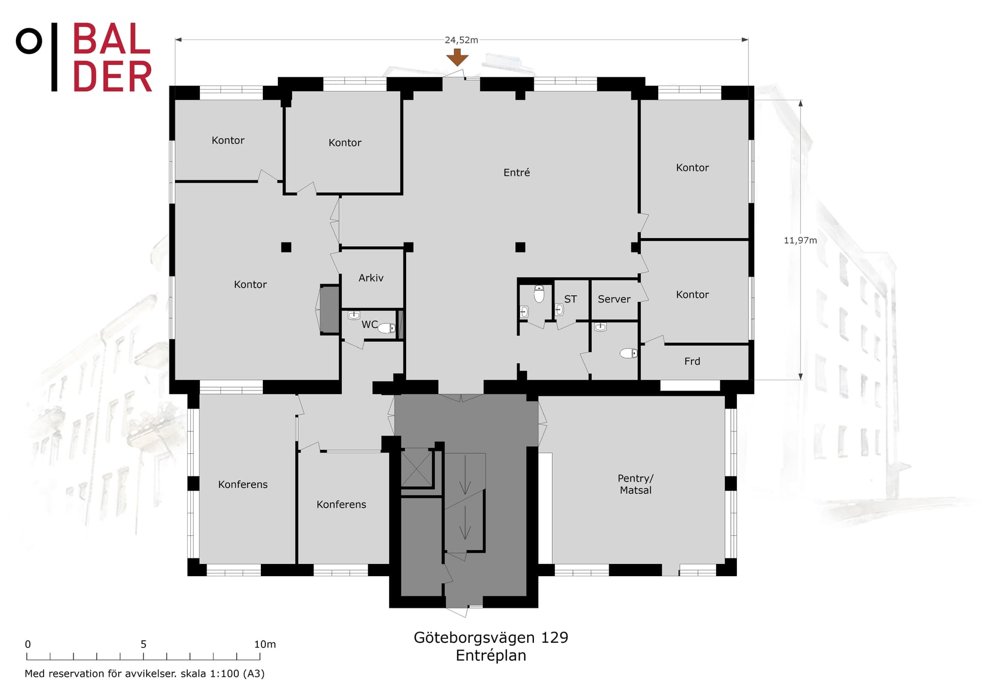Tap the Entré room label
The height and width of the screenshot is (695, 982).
pyautogui.click(x=517, y=172)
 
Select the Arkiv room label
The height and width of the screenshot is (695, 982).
pyautogui.click(x=371, y=278)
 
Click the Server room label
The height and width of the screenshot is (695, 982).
pyautogui.click(x=614, y=299)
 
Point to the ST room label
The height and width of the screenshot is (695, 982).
pyautogui.click(x=570, y=299)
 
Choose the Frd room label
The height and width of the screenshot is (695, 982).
pyautogui.click(x=692, y=361)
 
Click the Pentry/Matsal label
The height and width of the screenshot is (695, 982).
pyautogui.click(x=635, y=484)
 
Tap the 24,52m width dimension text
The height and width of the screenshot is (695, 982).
pyautogui.click(x=461, y=40)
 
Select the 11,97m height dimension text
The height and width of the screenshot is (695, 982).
pyautogui.click(x=800, y=240)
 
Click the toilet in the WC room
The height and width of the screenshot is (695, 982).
pyautogui.click(x=387, y=328)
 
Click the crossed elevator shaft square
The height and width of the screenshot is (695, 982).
pyautogui.click(x=416, y=467)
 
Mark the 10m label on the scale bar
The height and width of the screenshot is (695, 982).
pyautogui.click(x=265, y=644)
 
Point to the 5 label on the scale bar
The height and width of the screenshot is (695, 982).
pyautogui.click(x=144, y=644)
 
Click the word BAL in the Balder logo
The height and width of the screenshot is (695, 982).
pyautogui.click(x=111, y=39)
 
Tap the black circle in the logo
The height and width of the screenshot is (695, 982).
pyautogui.click(x=29, y=41)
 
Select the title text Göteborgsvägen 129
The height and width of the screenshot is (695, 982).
pyautogui.click(x=490, y=637)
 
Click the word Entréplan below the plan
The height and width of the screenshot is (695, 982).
pyautogui.click(x=490, y=656)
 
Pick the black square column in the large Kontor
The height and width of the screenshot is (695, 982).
pyautogui.click(x=286, y=247)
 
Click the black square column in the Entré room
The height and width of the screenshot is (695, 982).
pyautogui.click(x=520, y=247)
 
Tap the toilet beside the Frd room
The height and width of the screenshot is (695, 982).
pyautogui.click(x=629, y=353)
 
